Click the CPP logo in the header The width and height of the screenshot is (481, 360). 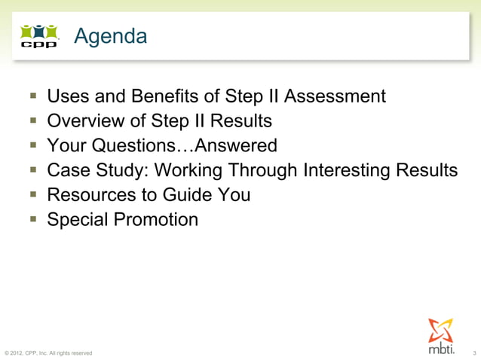38,36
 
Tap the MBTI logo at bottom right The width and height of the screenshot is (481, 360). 442,337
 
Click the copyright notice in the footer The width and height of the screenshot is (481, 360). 48,352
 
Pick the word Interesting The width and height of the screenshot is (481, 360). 349,170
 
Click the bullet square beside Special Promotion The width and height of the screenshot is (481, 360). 34,220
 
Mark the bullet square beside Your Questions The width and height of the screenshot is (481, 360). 34,145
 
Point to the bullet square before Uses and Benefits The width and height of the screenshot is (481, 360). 34,96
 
